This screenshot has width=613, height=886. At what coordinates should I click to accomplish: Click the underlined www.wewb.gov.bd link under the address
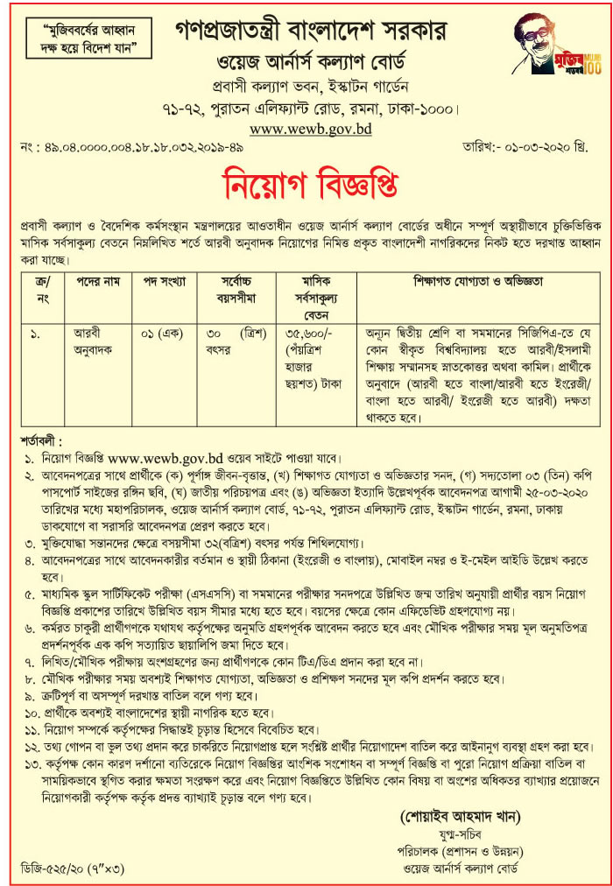310,129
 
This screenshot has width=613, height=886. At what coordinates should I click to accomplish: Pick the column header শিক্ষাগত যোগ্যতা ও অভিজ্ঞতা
476,283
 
